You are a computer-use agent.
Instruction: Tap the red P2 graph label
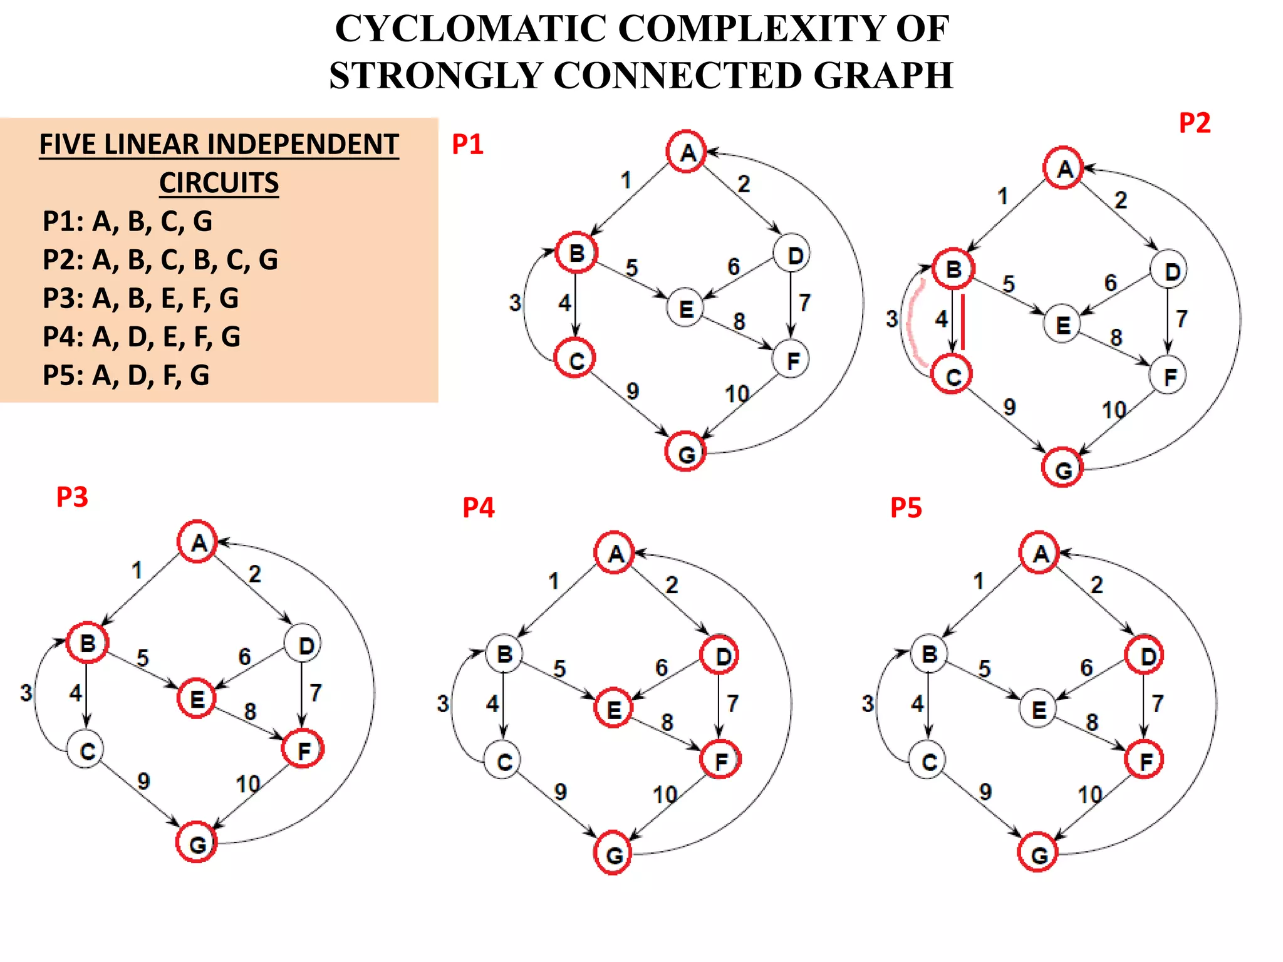[x=1194, y=123]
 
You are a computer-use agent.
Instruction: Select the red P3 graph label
[x=72, y=497]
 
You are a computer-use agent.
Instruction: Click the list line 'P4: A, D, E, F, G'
[x=142, y=337]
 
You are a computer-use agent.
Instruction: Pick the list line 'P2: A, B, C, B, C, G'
[x=160, y=260]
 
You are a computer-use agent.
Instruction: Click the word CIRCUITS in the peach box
[x=219, y=183]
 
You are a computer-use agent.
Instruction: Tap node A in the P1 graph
[x=687, y=152]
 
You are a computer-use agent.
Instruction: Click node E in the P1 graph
[x=686, y=309]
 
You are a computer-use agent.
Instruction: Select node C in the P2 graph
[x=952, y=376]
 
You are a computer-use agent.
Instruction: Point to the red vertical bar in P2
[x=963, y=322]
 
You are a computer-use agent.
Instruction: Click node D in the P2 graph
[x=1170, y=271]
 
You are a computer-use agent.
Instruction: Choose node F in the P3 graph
[x=303, y=749]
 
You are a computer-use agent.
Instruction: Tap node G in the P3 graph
[x=197, y=844]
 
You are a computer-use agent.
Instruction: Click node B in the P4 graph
[x=504, y=654]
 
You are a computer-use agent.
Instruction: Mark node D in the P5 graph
[x=1145, y=656]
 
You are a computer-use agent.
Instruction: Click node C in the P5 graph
[x=929, y=761]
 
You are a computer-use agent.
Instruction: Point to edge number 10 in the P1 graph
[x=737, y=394]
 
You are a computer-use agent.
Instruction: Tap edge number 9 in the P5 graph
[x=985, y=792]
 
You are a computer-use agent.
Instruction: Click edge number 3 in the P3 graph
[x=26, y=693]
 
